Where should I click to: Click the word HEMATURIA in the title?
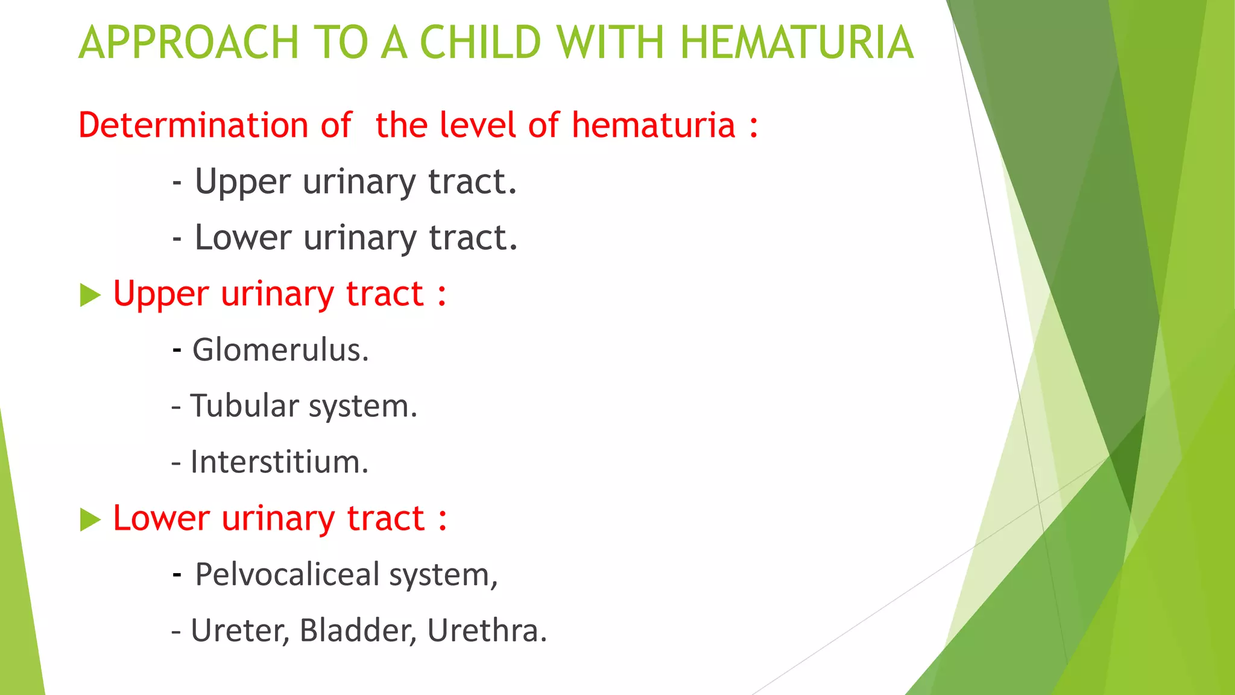coord(797,43)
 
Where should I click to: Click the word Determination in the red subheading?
coord(193,125)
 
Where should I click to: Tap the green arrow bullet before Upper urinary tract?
coord(90,296)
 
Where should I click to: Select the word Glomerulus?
coord(280,350)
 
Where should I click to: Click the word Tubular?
coord(244,406)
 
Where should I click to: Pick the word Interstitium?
coord(279,462)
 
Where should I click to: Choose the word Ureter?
coord(240,630)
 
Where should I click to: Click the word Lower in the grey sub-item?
coord(243,238)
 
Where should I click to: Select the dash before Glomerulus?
coord(177,349)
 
